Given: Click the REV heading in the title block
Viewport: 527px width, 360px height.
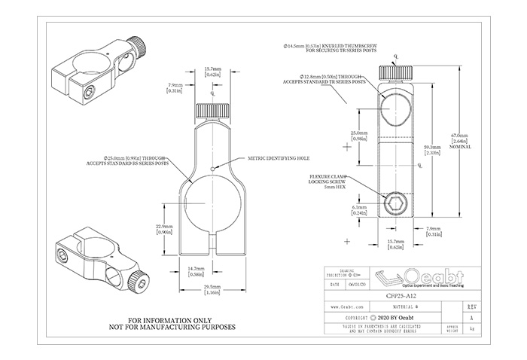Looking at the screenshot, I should pos(471,307).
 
